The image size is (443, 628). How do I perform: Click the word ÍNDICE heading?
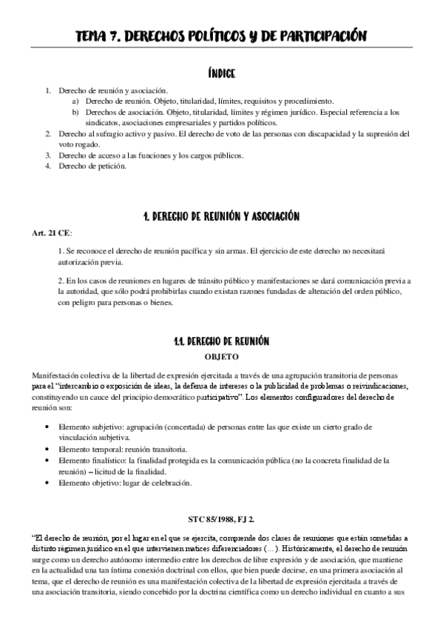[x=221, y=73]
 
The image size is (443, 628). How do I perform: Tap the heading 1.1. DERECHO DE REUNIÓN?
[x=221, y=341]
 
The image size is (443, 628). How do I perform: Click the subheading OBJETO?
[x=221, y=356]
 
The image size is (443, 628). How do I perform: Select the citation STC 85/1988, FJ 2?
[x=221, y=519]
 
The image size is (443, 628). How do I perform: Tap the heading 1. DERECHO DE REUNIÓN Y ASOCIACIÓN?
[x=221, y=217]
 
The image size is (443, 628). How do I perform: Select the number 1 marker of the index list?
[x=47, y=90]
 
